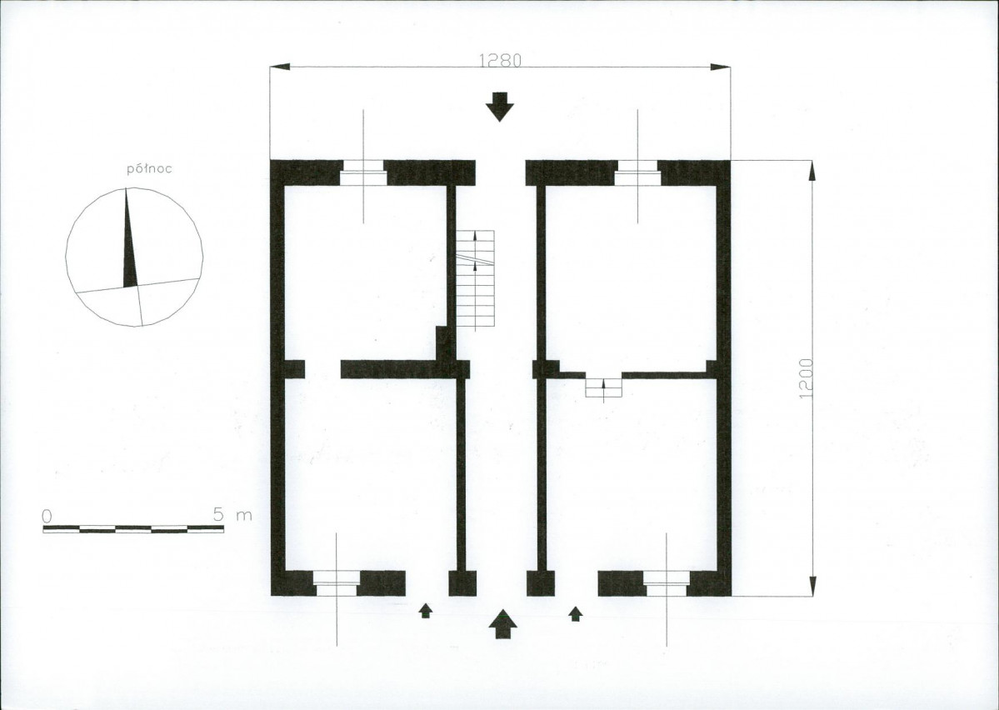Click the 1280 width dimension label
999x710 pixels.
point(500,60)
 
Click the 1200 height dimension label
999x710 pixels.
point(806,378)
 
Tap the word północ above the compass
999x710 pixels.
point(150,169)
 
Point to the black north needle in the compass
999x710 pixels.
point(129,238)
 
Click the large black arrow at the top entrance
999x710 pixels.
point(500,107)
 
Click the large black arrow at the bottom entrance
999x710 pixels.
point(503,623)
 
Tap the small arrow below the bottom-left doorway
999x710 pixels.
point(426,611)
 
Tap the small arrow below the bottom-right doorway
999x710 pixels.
point(575,613)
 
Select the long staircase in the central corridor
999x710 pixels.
point(475,280)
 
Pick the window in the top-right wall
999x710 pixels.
point(637,172)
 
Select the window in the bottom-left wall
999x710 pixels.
point(337,583)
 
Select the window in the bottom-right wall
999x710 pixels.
point(666,583)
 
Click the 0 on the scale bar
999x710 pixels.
point(47,516)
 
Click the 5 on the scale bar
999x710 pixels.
point(218,513)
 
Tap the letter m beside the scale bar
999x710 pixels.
point(244,515)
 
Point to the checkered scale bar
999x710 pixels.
point(133,529)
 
